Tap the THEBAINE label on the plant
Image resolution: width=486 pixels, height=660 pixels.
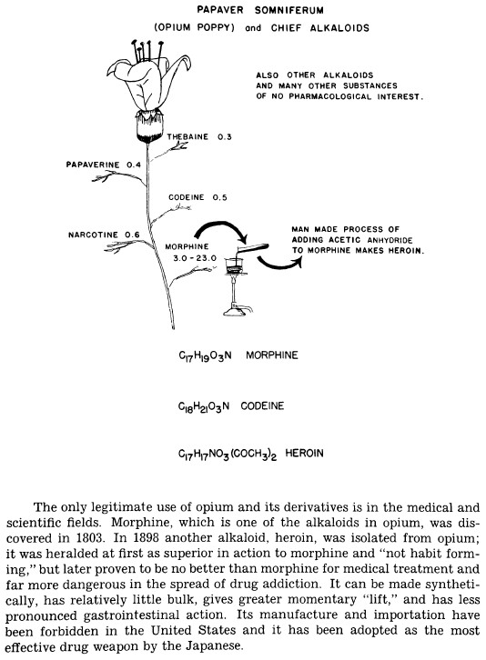[187, 136]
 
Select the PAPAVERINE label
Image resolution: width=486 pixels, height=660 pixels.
[93, 165]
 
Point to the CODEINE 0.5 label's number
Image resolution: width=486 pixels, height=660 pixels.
[219, 197]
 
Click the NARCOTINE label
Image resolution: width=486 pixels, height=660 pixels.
[93, 235]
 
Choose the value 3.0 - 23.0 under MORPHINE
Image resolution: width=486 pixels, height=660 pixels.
[195, 257]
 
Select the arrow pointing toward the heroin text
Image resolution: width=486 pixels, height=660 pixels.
[279, 263]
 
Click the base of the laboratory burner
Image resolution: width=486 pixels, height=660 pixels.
[235, 311]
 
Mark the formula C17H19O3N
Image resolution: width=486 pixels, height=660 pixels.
[205, 356]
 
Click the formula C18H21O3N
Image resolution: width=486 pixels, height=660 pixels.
[204, 407]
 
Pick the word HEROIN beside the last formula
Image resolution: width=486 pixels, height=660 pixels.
[304, 454]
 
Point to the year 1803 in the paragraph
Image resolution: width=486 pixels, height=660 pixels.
[90, 538]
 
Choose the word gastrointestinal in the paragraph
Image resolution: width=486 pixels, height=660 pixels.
[131, 615]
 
